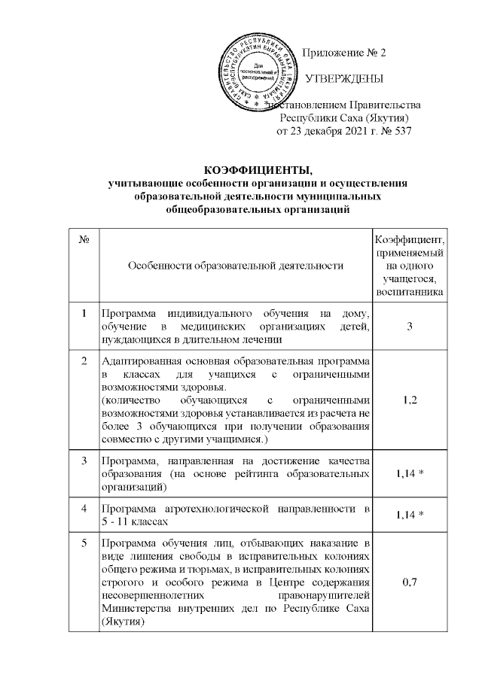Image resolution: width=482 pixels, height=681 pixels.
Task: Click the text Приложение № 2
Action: point(343,53)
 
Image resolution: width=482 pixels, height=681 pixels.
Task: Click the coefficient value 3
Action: point(409,326)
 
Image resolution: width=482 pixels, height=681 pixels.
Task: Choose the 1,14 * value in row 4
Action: point(410,514)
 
